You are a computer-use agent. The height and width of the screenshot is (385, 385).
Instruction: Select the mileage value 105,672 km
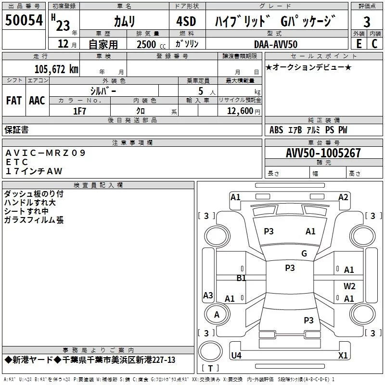(x=56, y=69)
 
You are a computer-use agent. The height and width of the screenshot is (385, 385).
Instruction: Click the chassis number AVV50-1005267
(x=323, y=153)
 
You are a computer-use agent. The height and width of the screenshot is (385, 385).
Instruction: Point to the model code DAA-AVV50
(x=276, y=44)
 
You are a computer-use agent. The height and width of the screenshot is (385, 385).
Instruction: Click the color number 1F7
(x=79, y=111)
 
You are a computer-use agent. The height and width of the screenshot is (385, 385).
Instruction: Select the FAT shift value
(x=14, y=100)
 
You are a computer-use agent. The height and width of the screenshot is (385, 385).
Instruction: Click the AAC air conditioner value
(x=37, y=100)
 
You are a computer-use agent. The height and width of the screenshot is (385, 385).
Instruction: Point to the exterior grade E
(x=359, y=44)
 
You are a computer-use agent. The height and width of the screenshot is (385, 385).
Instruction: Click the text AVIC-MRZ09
(x=45, y=153)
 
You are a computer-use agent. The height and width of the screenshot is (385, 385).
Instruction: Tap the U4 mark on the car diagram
(x=236, y=356)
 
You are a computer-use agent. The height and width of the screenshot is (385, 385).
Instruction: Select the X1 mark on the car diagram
(x=343, y=356)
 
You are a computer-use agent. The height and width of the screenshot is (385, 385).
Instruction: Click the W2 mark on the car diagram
(x=349, y=286)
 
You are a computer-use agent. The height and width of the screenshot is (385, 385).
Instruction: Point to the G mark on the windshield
(x=304, y=254)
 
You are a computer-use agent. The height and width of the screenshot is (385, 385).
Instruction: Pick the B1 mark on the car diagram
(x=241, y=278)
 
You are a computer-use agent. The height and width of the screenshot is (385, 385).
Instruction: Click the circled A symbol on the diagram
(x=217, y=315)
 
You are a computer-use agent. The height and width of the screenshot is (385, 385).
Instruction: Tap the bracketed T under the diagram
(x=210, y=369)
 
